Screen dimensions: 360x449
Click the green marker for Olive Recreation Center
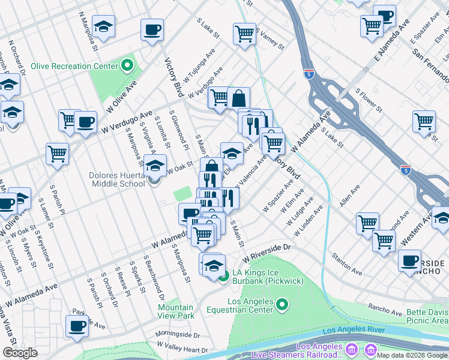tap(127, 66)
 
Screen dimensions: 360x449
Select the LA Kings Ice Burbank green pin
tap(223, 277)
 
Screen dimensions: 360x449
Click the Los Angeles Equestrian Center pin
tap(283, 306)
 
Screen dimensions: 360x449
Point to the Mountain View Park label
tap(176, 311)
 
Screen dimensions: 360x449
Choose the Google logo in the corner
tap(20, 353)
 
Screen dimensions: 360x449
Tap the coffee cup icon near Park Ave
tap(77, 327)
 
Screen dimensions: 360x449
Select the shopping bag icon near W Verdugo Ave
tap(238, 98)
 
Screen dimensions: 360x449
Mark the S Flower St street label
tap(369, 100)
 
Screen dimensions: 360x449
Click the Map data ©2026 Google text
tap(412, 355)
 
